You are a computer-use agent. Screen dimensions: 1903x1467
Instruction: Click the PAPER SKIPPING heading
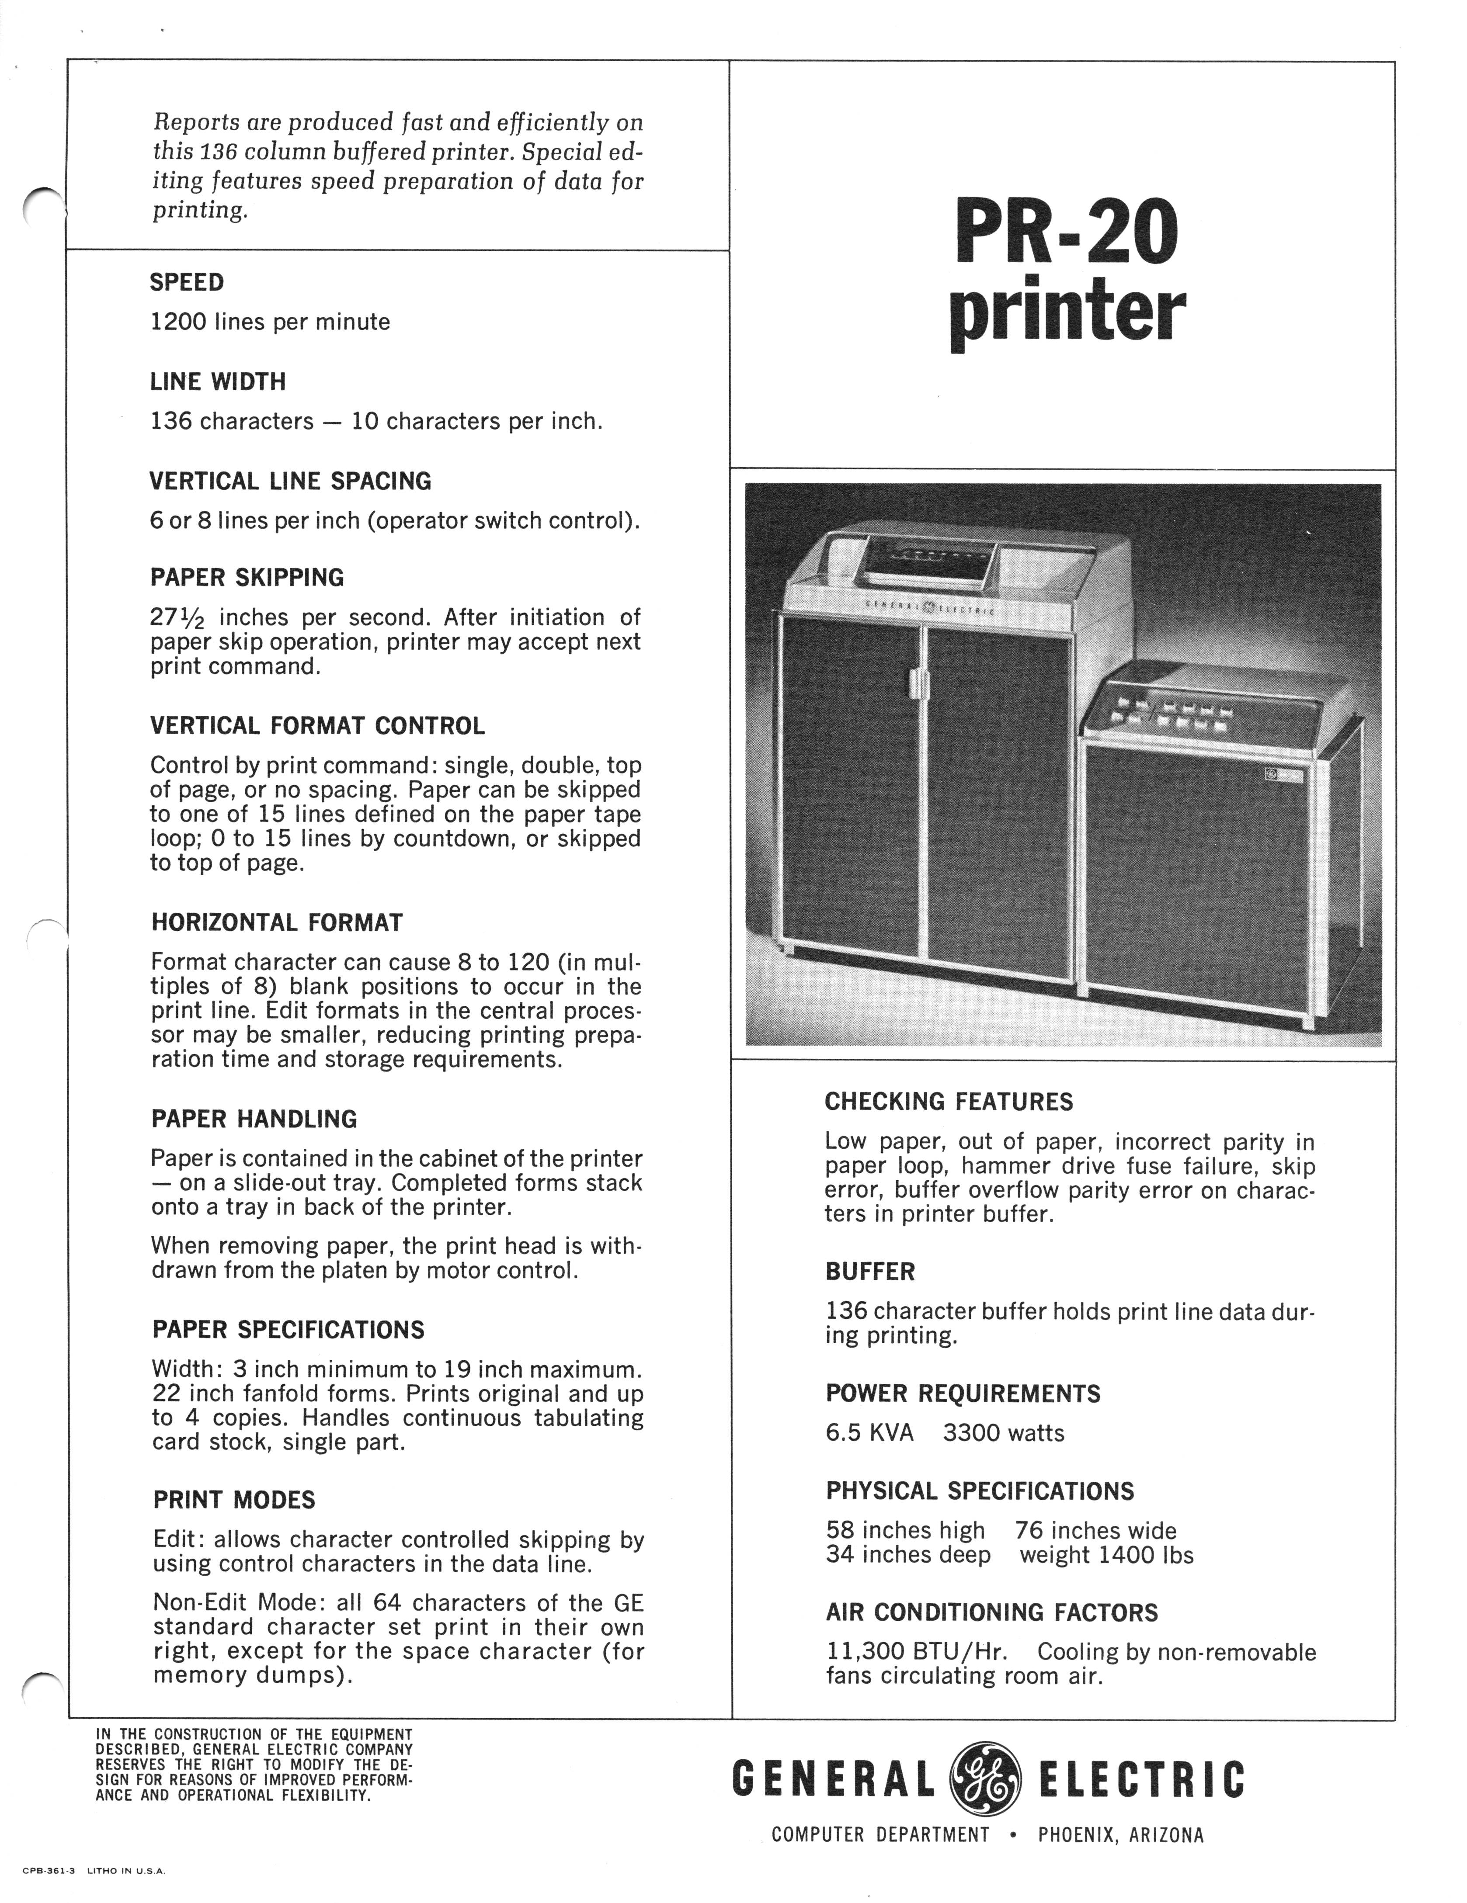pos(247,578)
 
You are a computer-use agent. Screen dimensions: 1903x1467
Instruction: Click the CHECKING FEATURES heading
pos(949,1101)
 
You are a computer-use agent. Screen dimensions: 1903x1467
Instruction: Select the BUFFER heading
pos(870,1271)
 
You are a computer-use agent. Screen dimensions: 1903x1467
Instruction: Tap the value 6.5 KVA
pos(869,1432)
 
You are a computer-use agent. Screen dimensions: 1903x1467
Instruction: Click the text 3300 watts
pos(1003,1432)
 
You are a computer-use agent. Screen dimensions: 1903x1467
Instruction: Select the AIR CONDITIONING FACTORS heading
pos(991,1612)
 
